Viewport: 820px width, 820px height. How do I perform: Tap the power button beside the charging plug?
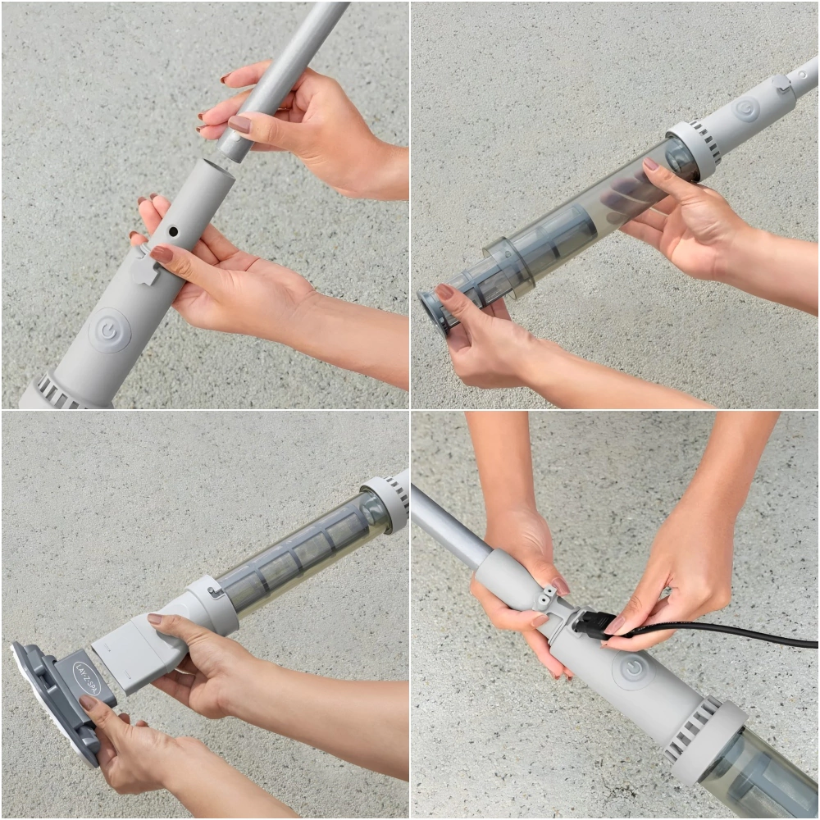[633, 669]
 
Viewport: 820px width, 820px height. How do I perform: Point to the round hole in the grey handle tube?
[173, 231]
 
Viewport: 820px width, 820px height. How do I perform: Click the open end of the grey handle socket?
[217, 166]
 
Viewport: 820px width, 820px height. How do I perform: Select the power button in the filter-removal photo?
[747, 111]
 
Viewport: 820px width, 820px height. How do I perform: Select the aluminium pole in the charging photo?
[449, 529]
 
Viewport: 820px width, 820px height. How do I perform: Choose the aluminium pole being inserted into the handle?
[280, 81]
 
